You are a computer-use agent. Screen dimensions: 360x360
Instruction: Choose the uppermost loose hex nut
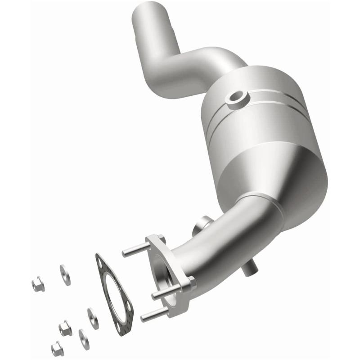tap(37, 283)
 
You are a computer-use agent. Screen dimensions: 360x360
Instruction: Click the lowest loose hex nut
tap(57, 348)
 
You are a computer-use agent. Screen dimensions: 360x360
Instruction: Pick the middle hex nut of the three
tap(65, 328)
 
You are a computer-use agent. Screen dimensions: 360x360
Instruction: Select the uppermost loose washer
tap(65, 274)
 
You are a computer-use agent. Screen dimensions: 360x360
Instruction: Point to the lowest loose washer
tap(84, 339)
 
